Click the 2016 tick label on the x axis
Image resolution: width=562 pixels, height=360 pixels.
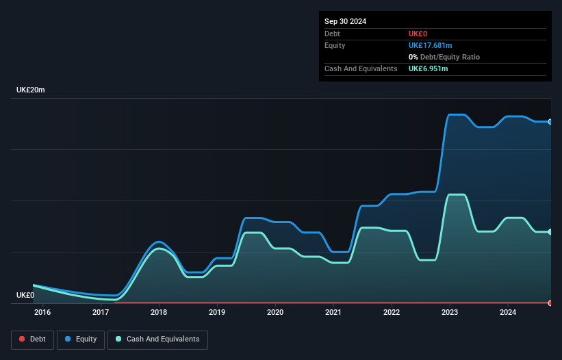42,313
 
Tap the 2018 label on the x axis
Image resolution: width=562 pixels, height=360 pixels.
159,313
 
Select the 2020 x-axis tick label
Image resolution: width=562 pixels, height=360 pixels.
275,313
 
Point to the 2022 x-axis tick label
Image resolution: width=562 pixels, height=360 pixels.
392,313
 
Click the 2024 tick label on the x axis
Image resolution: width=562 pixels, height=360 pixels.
507,313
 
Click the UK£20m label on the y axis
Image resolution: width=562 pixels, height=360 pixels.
31,90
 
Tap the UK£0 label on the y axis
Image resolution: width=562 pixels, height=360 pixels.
25,295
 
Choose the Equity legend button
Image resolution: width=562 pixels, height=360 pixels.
81,339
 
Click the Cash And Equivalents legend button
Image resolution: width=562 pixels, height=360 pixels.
157,339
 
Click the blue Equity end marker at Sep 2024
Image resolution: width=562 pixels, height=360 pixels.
550,122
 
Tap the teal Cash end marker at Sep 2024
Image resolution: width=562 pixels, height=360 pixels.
550,232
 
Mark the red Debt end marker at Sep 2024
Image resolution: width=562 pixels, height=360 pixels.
550,303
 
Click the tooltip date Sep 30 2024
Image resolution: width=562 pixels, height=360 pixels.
346,21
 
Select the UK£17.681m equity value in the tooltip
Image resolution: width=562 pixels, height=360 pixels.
431,45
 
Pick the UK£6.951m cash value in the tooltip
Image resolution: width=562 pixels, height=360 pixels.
429,68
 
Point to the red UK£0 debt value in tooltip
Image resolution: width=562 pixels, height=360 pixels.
418,34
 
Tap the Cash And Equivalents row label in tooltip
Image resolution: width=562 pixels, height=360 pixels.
361,68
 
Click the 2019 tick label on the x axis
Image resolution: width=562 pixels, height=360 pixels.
217,313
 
